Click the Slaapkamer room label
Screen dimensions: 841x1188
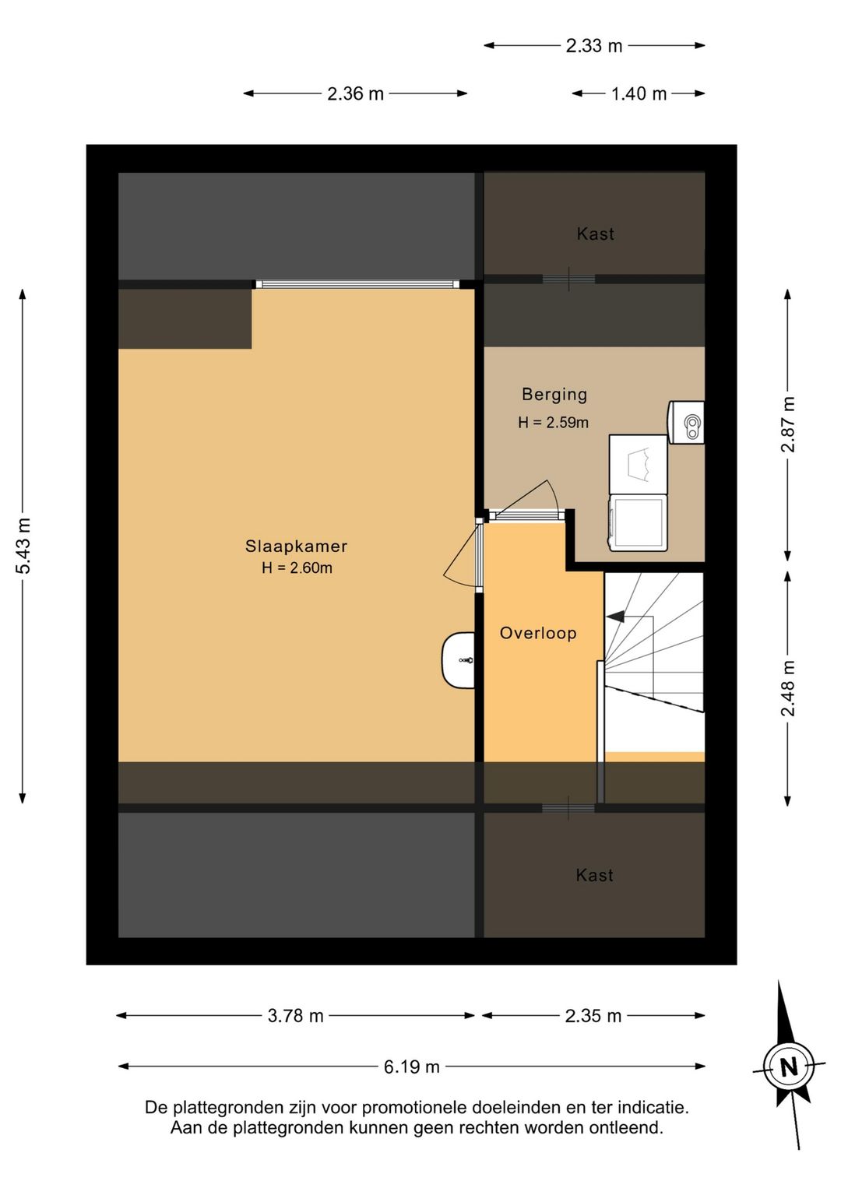pos(296,547)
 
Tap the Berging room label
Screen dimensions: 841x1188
pos(554,394)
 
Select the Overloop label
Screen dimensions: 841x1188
pos(538,633)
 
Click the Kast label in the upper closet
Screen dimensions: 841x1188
pos(596,234)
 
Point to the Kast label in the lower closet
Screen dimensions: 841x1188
pos(594,875)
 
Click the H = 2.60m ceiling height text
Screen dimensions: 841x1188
pos(297,568)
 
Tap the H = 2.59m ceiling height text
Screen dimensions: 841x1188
pos(554,423)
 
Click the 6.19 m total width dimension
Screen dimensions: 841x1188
pos(412,1067)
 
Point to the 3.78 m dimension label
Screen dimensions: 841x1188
pos(296,1016)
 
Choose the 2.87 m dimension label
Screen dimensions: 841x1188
pos(788,424)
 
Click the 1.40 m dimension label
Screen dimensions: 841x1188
pos(639,94)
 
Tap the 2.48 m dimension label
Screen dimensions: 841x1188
pos(788,688)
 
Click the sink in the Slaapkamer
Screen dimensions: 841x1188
pos(459,660)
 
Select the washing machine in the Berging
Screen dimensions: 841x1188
pos(638,522)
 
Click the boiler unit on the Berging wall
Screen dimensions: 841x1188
pos(685,423)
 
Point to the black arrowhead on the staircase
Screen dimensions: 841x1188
pos(614,617)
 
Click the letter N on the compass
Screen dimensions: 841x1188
pos(789,1067)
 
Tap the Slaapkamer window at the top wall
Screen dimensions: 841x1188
pos(357,284)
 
